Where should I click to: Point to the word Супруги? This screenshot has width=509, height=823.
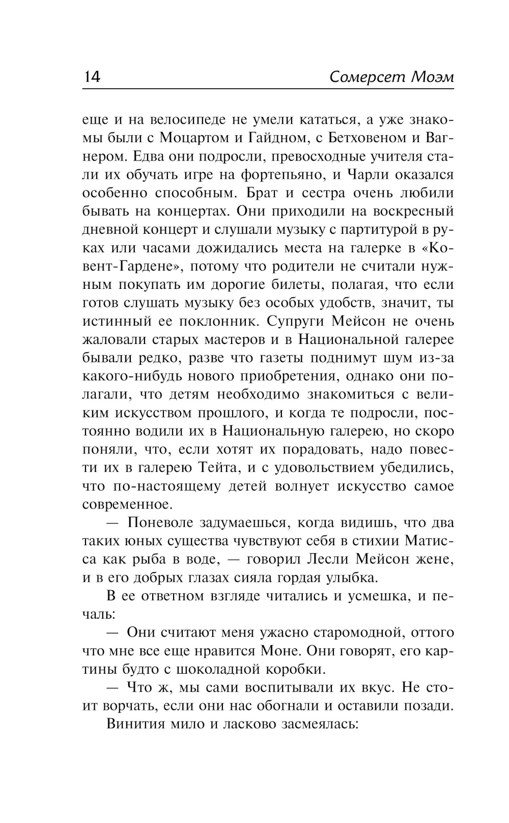296,322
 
